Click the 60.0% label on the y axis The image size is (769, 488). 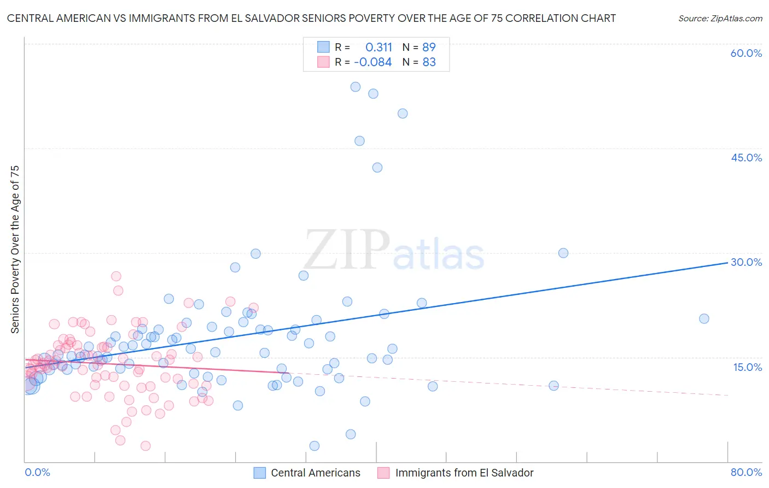pos(746,53)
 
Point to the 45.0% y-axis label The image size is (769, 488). pos(746,158)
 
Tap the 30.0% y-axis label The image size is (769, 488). pos(746,262)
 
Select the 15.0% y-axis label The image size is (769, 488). pos(747,367)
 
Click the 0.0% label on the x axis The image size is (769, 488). pos(37,472)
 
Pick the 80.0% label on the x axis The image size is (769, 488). pos(746,472)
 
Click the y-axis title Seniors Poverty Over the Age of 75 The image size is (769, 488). pos(15,249)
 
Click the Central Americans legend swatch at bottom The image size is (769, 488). pos(260,473)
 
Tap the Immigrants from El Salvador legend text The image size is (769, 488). pos(464,473)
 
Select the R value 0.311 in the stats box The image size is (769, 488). pos(378,47)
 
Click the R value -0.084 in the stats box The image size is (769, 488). pos(373,62)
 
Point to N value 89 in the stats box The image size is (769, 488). pos(429,47)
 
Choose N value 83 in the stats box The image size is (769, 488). pos(429,62)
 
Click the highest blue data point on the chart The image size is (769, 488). pos(356,86)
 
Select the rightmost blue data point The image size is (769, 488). pos(704,318)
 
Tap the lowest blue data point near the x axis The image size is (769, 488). pos(314,446)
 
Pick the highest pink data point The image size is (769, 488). pos(116,276)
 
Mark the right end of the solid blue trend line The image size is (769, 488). pos(727,263)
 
